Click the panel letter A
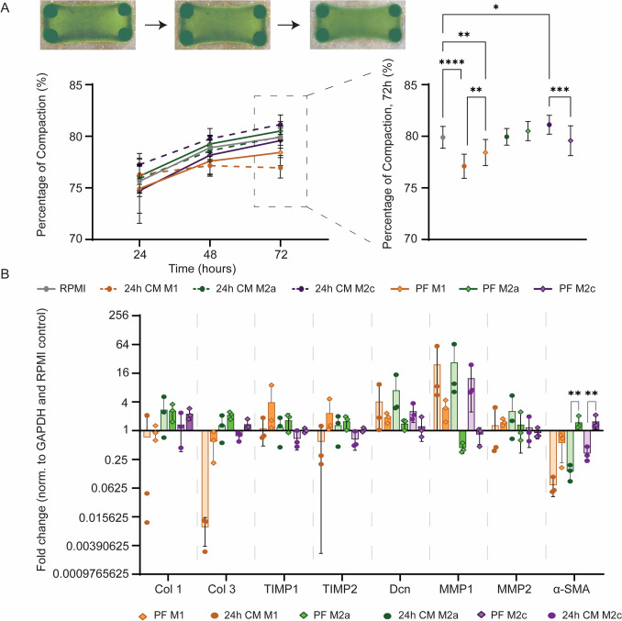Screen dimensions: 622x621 pyautogui.click(x=6, y=7)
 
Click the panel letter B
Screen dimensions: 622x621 pyautogui.click(x=5, y=273)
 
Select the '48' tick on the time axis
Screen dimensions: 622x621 pyautogui.click(x=210, y=254)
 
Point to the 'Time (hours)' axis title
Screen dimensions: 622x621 pyautogui.click(x=203, y=269)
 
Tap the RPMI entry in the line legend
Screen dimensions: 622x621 pyautogui.click(x=61, y=289)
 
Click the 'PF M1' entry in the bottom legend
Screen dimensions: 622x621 pyautogui.click(x=161, y=615)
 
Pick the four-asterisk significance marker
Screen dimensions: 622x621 pyautogui.click(x=452, y=61)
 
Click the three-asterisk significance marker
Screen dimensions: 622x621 pyautogui.click(x=560, y=90)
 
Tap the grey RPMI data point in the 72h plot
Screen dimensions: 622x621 pyautogui.click(x=443, y=138)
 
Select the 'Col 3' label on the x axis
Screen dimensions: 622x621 pyautogui.click(x=221, y=589)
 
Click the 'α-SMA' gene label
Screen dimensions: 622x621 pyautogui.click(x=572, y=589)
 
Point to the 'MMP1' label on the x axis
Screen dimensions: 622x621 pyautogui.click(x=456, y=589)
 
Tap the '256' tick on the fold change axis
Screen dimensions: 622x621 pyautogui.click(x=119, y=316)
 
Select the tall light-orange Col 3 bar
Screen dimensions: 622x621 pyautogui.click(x=205, y=479)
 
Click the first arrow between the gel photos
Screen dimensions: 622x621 pyautogui.click(x=156, y=25)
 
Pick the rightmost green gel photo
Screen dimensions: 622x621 pyautogui.click(x=358, y=25)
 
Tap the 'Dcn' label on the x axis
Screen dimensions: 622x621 pyautogui.click(x=400, y=589)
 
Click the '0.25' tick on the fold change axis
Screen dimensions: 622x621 pyautogui.click(x=118, y=460)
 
